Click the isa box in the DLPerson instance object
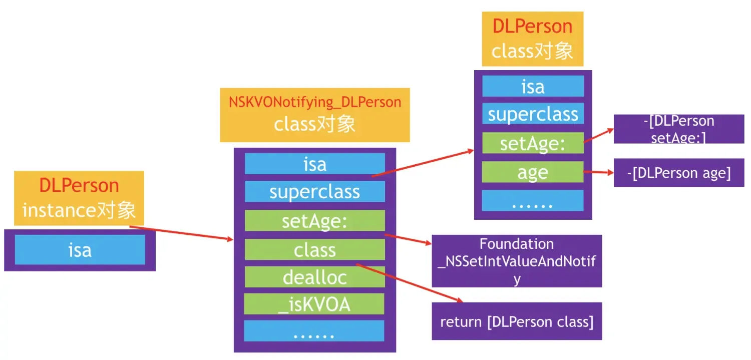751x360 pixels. tap(80, 249)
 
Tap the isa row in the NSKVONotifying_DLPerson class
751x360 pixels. tap(314, 164)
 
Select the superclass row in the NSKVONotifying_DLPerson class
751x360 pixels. tap(314, 191)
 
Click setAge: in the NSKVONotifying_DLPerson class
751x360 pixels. tap(314, 220)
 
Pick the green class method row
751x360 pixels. tap(314, 249)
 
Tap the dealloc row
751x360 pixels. tap(314, 277)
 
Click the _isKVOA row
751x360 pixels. tap(314, 304)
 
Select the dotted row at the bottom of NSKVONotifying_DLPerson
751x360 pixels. tap(314, 331)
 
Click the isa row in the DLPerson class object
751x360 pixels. tap(533, 86)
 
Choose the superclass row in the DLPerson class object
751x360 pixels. tap(533, 114)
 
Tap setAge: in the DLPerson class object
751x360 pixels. tap(533, 143)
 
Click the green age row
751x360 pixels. tap(533, 172)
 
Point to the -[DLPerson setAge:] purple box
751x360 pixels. tap(678, 129)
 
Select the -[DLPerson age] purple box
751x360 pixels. tap(678, 173)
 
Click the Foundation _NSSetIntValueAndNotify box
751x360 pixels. tap(516, 261)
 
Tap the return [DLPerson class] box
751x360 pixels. tap(516, 321)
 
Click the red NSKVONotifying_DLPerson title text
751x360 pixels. tap(315, 102)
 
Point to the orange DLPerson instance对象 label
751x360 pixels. tap(79, 198)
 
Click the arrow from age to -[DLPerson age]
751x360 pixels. tap(599, 173)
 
